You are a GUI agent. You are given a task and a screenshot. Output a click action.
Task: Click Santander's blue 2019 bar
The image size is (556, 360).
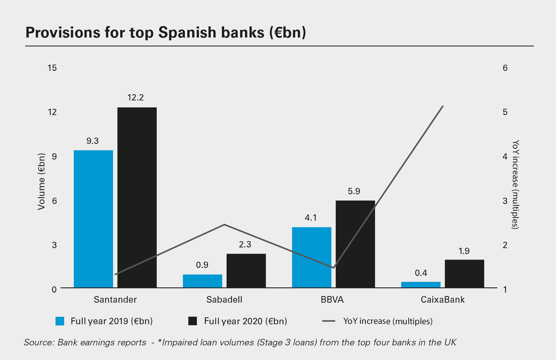point(93,219)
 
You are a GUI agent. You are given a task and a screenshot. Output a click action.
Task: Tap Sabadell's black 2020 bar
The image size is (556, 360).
point(246,271)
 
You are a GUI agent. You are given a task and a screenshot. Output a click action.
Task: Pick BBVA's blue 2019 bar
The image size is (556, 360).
point(311,257)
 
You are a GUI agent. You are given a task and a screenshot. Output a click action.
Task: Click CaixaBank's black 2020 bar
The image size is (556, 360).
point(464,273)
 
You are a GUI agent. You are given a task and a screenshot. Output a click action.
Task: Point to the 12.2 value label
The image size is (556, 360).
point(136,98)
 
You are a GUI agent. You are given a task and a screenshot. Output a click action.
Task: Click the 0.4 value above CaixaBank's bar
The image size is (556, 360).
point(421,273)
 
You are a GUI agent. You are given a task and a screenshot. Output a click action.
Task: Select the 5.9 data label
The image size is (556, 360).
point(354,191)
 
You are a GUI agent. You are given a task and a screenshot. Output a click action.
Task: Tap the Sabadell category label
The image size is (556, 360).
point(224,300)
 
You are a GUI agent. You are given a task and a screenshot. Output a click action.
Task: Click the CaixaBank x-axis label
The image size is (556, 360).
point(442,300)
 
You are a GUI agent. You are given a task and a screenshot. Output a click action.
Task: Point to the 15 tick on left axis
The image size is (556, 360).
point(52,68)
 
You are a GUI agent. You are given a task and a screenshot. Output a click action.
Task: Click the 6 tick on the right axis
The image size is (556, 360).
point(505,68)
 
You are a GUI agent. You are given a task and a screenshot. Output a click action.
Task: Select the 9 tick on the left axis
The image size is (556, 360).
point(54,156)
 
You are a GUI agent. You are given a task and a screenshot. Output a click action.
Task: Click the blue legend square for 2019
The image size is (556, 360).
point(60,321)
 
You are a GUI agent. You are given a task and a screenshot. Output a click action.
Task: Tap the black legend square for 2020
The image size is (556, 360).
point(193,321)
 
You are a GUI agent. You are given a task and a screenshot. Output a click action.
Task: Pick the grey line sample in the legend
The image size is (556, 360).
point(328,321)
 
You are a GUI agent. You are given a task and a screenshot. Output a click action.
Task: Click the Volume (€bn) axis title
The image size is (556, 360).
point(42,181)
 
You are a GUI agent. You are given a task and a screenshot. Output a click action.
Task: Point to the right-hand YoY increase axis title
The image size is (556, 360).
point(516,184)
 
